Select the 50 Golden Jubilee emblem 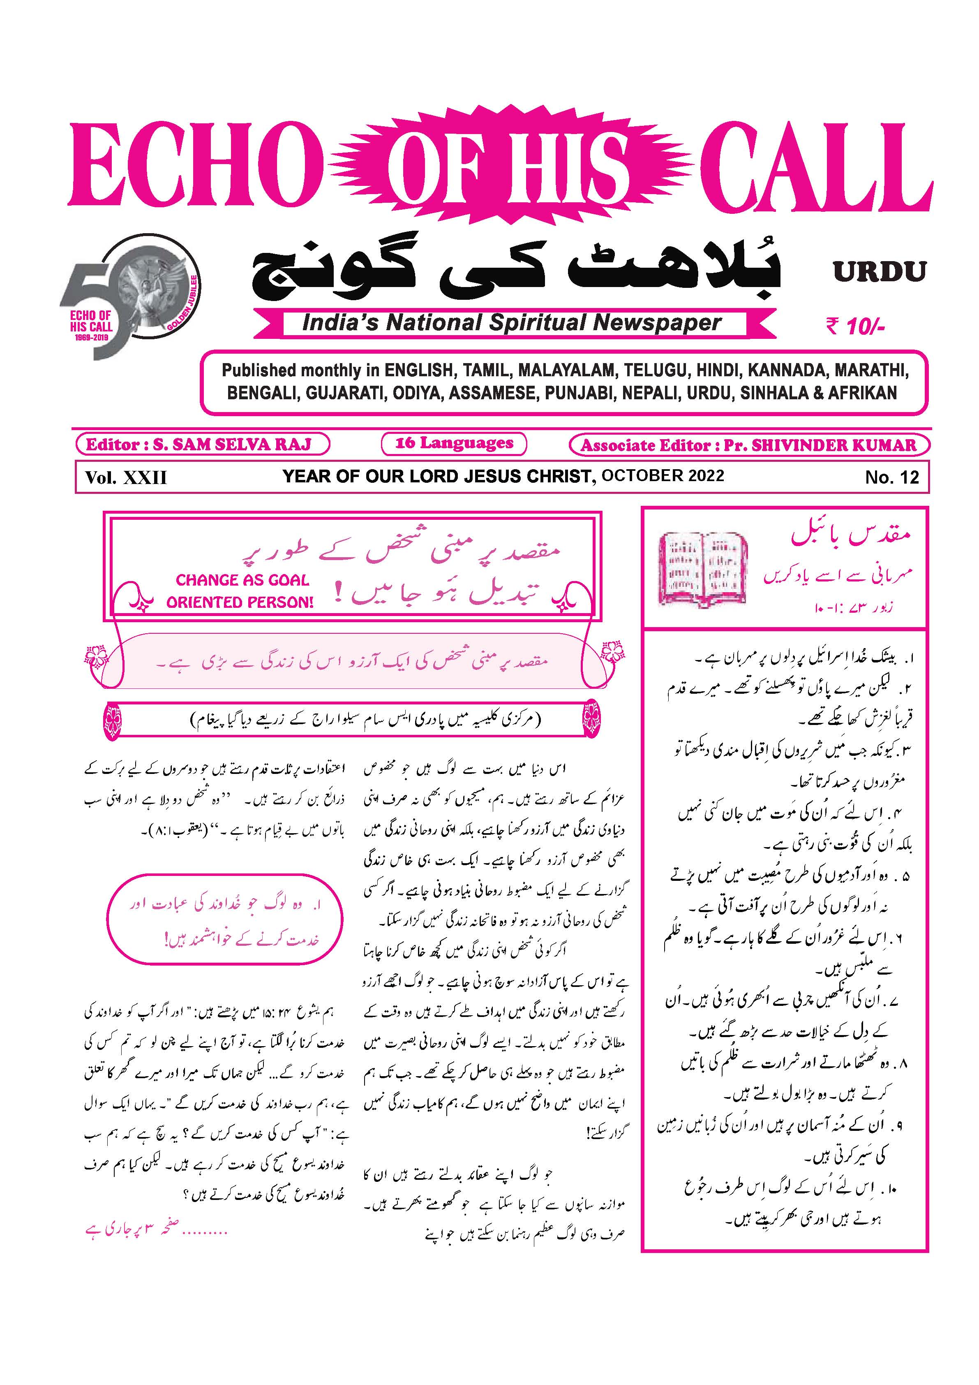(129, 296)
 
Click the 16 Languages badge (454, 443)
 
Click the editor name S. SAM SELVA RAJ (232, 445)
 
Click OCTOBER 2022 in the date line (663, 475)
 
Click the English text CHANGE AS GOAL (242, 580)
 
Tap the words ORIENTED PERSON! (240, 602)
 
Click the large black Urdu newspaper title (515, 271)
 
